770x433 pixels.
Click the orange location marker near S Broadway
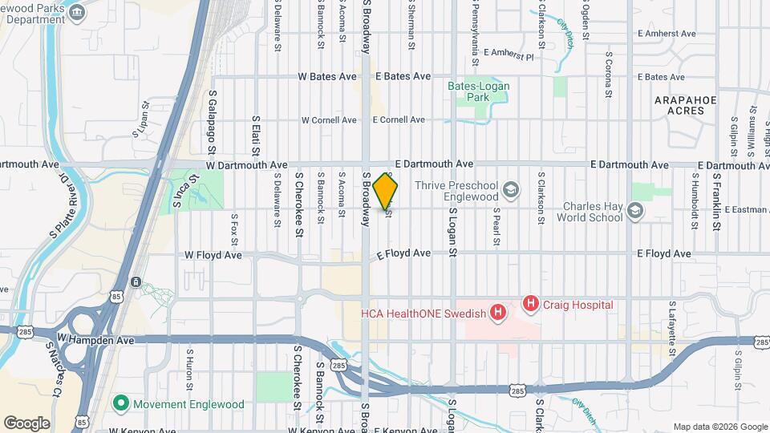(386, 191)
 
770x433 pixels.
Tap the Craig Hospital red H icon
(530, 304)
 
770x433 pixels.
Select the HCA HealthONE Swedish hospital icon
(498, 312)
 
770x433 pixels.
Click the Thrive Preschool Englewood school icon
(511, 190)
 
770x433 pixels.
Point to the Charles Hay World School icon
(635, 210)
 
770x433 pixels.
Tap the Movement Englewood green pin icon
(122, 403)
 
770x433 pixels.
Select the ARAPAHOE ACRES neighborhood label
(684, 105)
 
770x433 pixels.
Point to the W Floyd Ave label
(213, 254)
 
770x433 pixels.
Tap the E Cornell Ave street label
(398, 120)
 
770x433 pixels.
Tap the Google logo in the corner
(26, 423)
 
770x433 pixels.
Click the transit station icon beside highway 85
(137, 282)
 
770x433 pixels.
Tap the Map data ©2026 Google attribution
(719, 427)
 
